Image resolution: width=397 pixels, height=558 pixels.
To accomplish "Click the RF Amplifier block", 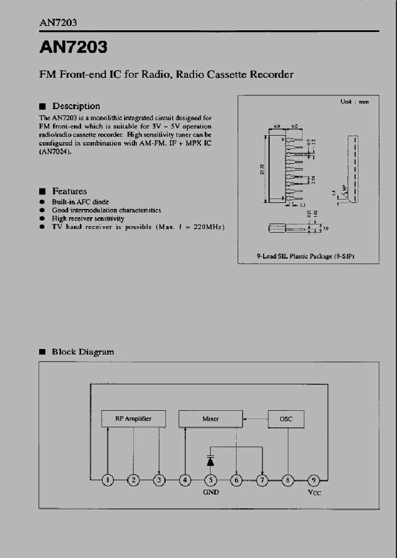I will pyautogui.click(x=133, y=419).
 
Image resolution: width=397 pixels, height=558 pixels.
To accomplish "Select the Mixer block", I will pyautogui.click(x=211, y=419).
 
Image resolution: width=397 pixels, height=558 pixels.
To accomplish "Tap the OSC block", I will pyautogui.click(x=286, y=419).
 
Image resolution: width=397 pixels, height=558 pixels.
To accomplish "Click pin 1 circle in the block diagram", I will pyautogui.click(x=108, y=480).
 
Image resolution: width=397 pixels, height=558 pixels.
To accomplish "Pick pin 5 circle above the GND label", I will pyautogui.click(x=211, y=480).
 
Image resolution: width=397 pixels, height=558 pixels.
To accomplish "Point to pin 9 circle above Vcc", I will pyautogui.click(x=314, y=480).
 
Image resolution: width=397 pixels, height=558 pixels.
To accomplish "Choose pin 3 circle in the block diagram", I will pyautogui.click(x=159, y=480).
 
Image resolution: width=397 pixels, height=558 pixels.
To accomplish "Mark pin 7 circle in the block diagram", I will pyautogui.click(x=262, y=480).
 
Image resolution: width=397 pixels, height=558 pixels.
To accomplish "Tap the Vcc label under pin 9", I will pyautogui.click(x=314, y=492).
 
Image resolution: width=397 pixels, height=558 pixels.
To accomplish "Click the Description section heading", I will pyautogui.click(x=76, y=106).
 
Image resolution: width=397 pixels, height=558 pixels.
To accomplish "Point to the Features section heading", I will pyautogui.click(x=69, y=191).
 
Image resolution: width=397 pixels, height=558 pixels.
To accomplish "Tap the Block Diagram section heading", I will pyautogui.click(x=83, y=351).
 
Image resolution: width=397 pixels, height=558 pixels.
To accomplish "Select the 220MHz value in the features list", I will pyautogui.click(x=209, y=227).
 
